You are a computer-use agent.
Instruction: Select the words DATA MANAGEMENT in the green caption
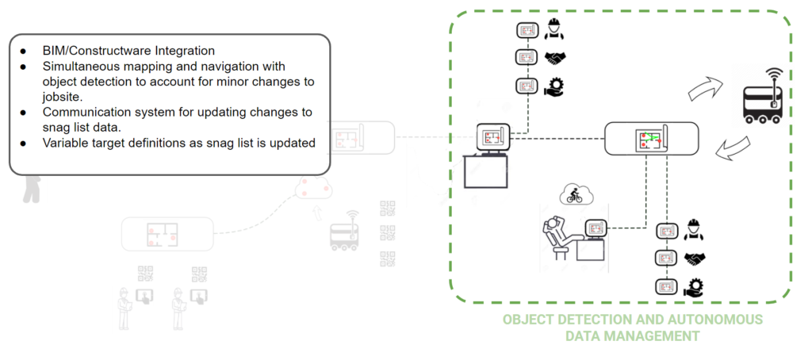(631, 336)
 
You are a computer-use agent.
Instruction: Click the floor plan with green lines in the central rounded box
(651, 140)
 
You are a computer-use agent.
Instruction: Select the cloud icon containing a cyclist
(572, 193)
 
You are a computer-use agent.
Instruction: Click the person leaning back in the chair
(555, 233)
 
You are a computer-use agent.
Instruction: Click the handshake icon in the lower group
(695, 259)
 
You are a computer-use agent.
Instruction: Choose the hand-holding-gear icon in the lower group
(695, 287)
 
